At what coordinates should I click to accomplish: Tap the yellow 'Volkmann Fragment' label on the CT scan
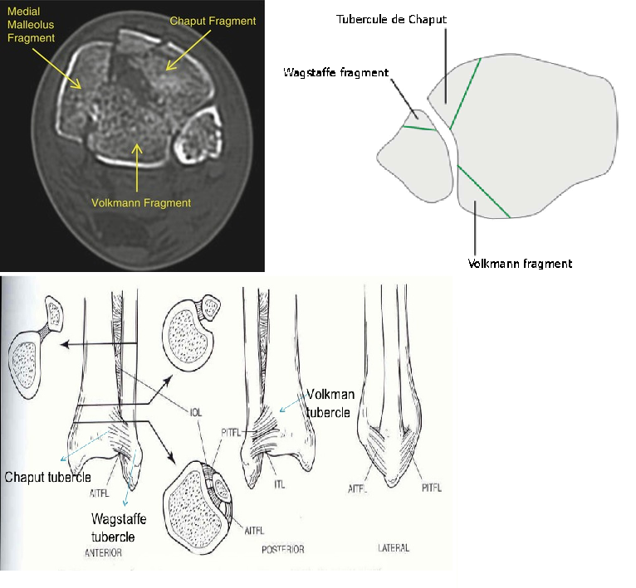click(142, 202)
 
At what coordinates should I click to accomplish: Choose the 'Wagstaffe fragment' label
click(335, 73)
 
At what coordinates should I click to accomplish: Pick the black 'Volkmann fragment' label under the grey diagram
click(521, 264)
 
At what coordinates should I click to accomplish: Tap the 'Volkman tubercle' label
click(330, 402)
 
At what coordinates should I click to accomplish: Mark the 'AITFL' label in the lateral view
click(359, 490)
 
